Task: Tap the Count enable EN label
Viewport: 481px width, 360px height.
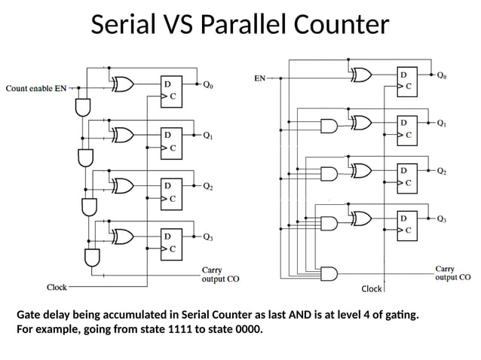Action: pyautogui.click(x=35, y=88)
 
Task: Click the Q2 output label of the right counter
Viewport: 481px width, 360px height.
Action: pyautogui.click(x=442, y=171)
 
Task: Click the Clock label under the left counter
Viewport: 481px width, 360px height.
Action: pyautogui.click(x=57, y=287)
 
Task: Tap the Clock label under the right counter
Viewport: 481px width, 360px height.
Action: pyautogui.click(x=372, y=289)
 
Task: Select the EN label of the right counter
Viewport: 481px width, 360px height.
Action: pyautogui.click(x=259, y=77)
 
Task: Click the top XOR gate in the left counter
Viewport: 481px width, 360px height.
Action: pyautogui.click(x=122, y=86)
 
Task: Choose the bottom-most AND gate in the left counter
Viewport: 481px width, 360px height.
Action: pyautogui.click(x=93, y=258)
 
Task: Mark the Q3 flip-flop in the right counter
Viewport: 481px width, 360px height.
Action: pyautogui.click(x=407, y=224)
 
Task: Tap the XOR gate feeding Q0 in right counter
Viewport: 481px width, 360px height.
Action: pyautogui.click(x=361, y=75)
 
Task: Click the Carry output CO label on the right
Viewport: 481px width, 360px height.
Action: pyautogui.click(x=452, y=273)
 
